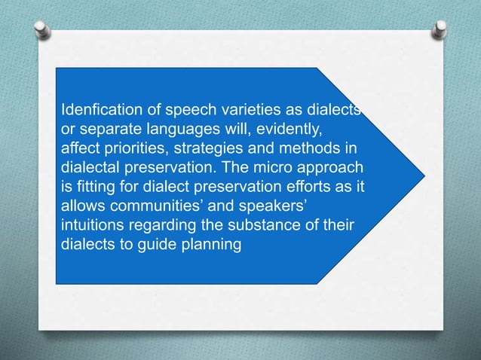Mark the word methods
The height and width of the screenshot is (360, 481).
[306, 148]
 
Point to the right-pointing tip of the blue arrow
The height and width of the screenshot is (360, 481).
[424, 175]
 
